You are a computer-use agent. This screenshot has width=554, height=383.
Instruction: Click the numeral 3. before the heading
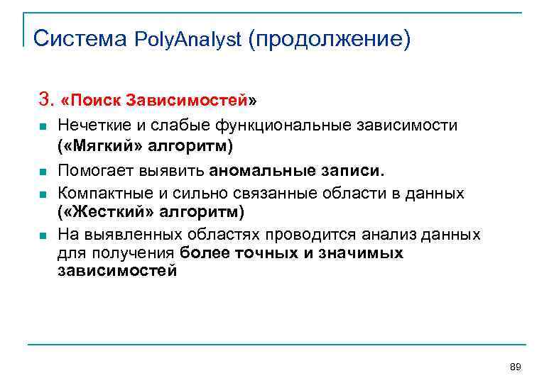point(46,97)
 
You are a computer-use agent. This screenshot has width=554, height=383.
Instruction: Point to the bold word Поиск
point(97,99)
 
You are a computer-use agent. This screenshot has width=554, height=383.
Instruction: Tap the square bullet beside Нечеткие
point(43,126)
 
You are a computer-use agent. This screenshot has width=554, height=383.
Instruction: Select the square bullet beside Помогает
point(43,172)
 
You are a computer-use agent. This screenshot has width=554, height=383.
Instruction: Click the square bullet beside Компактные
point(43,194)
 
